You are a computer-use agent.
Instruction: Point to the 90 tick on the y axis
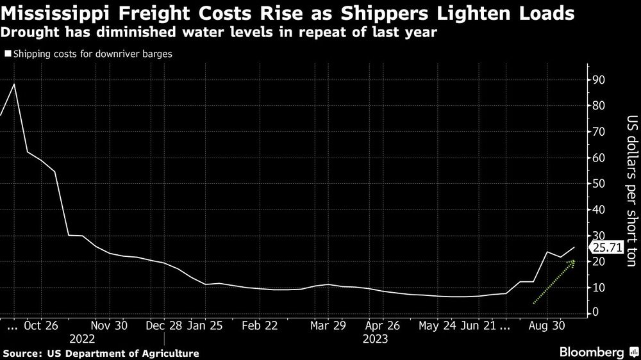click(x=598, y=80)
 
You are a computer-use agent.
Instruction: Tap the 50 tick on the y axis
click(x=598, y=184)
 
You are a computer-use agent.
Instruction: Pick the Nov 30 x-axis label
click(x=110, y=325)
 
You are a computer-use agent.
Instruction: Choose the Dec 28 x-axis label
click(x=164, y=325)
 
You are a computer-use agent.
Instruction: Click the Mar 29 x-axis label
click(x=327, y=325)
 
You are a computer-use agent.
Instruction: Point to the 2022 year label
click(x=82, y=339)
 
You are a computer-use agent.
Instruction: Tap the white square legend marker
click(x=7, y=54)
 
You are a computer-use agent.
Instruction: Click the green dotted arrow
click(x=554, y=282)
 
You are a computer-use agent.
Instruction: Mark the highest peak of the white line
click(x=14, y=85)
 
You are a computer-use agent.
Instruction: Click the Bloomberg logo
click(x=593, y=352)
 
